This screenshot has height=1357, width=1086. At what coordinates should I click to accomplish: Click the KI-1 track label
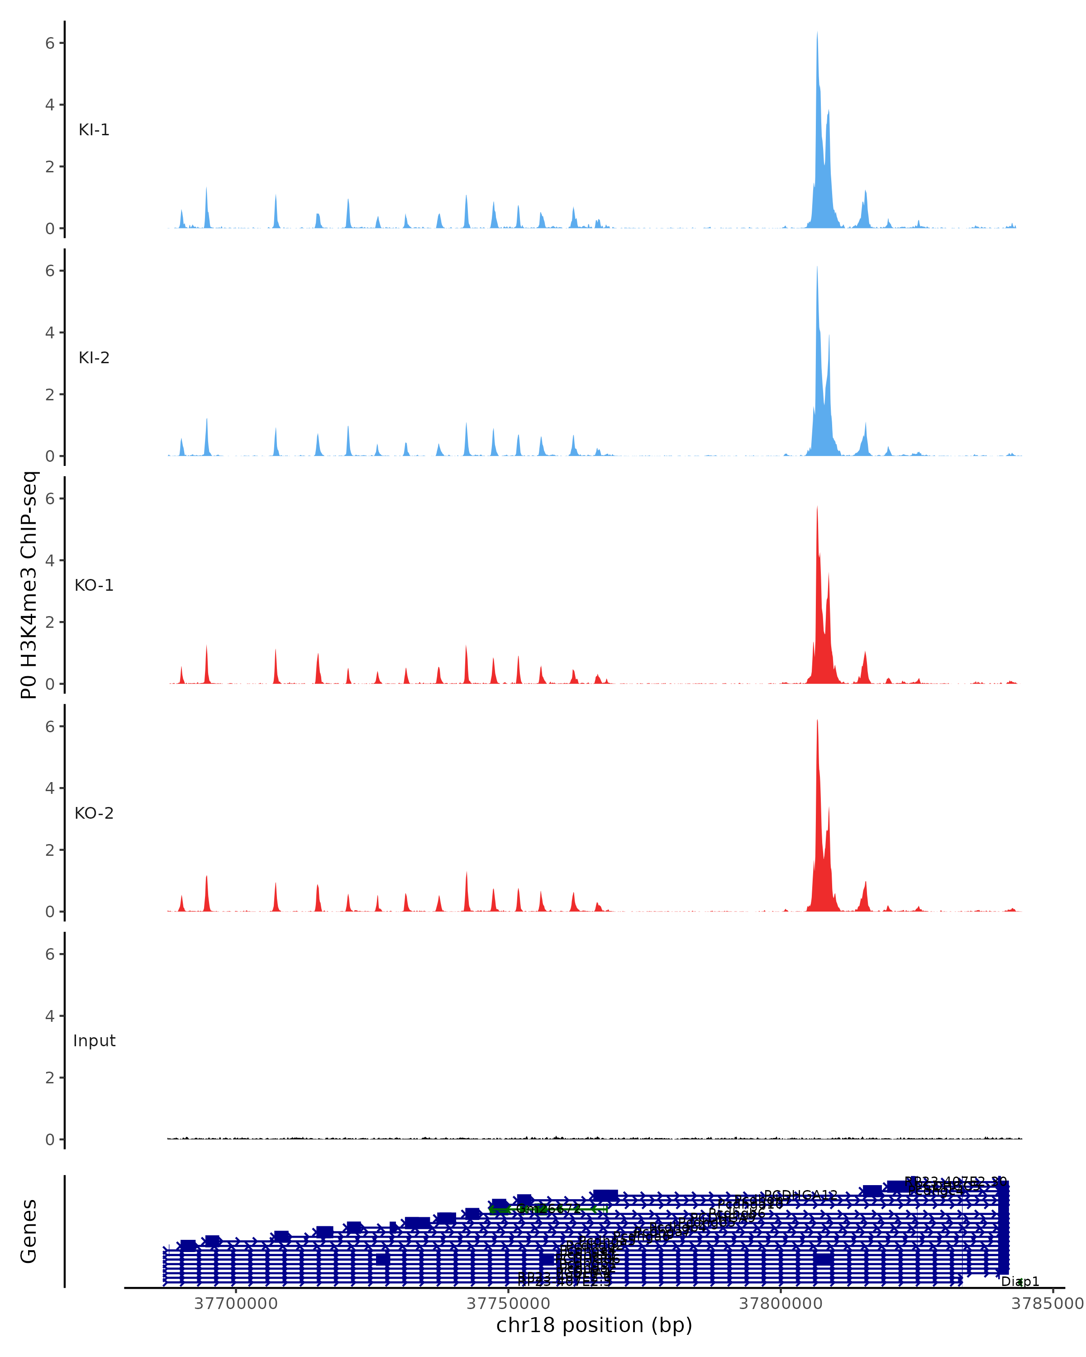point(94,130)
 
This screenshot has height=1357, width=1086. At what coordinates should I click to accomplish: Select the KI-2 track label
point(94,358)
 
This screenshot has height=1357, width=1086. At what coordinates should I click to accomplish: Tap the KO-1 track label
point(94,585)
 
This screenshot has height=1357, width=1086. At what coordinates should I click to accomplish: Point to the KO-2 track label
point(94,813)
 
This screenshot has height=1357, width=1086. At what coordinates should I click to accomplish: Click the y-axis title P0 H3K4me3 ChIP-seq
point(29,585)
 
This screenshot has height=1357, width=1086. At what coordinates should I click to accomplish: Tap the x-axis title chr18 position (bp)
point(594,1325)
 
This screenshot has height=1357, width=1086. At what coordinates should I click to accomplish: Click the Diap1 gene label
point(1020,1282)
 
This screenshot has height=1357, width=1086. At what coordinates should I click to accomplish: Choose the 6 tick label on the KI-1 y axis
point(50,43)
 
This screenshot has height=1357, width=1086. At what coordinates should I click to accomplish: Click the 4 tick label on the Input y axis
point(50,1016)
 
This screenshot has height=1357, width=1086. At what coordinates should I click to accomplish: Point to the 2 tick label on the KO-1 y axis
point(50,622)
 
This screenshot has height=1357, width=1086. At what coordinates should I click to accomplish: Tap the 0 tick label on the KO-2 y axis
point(50,912)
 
